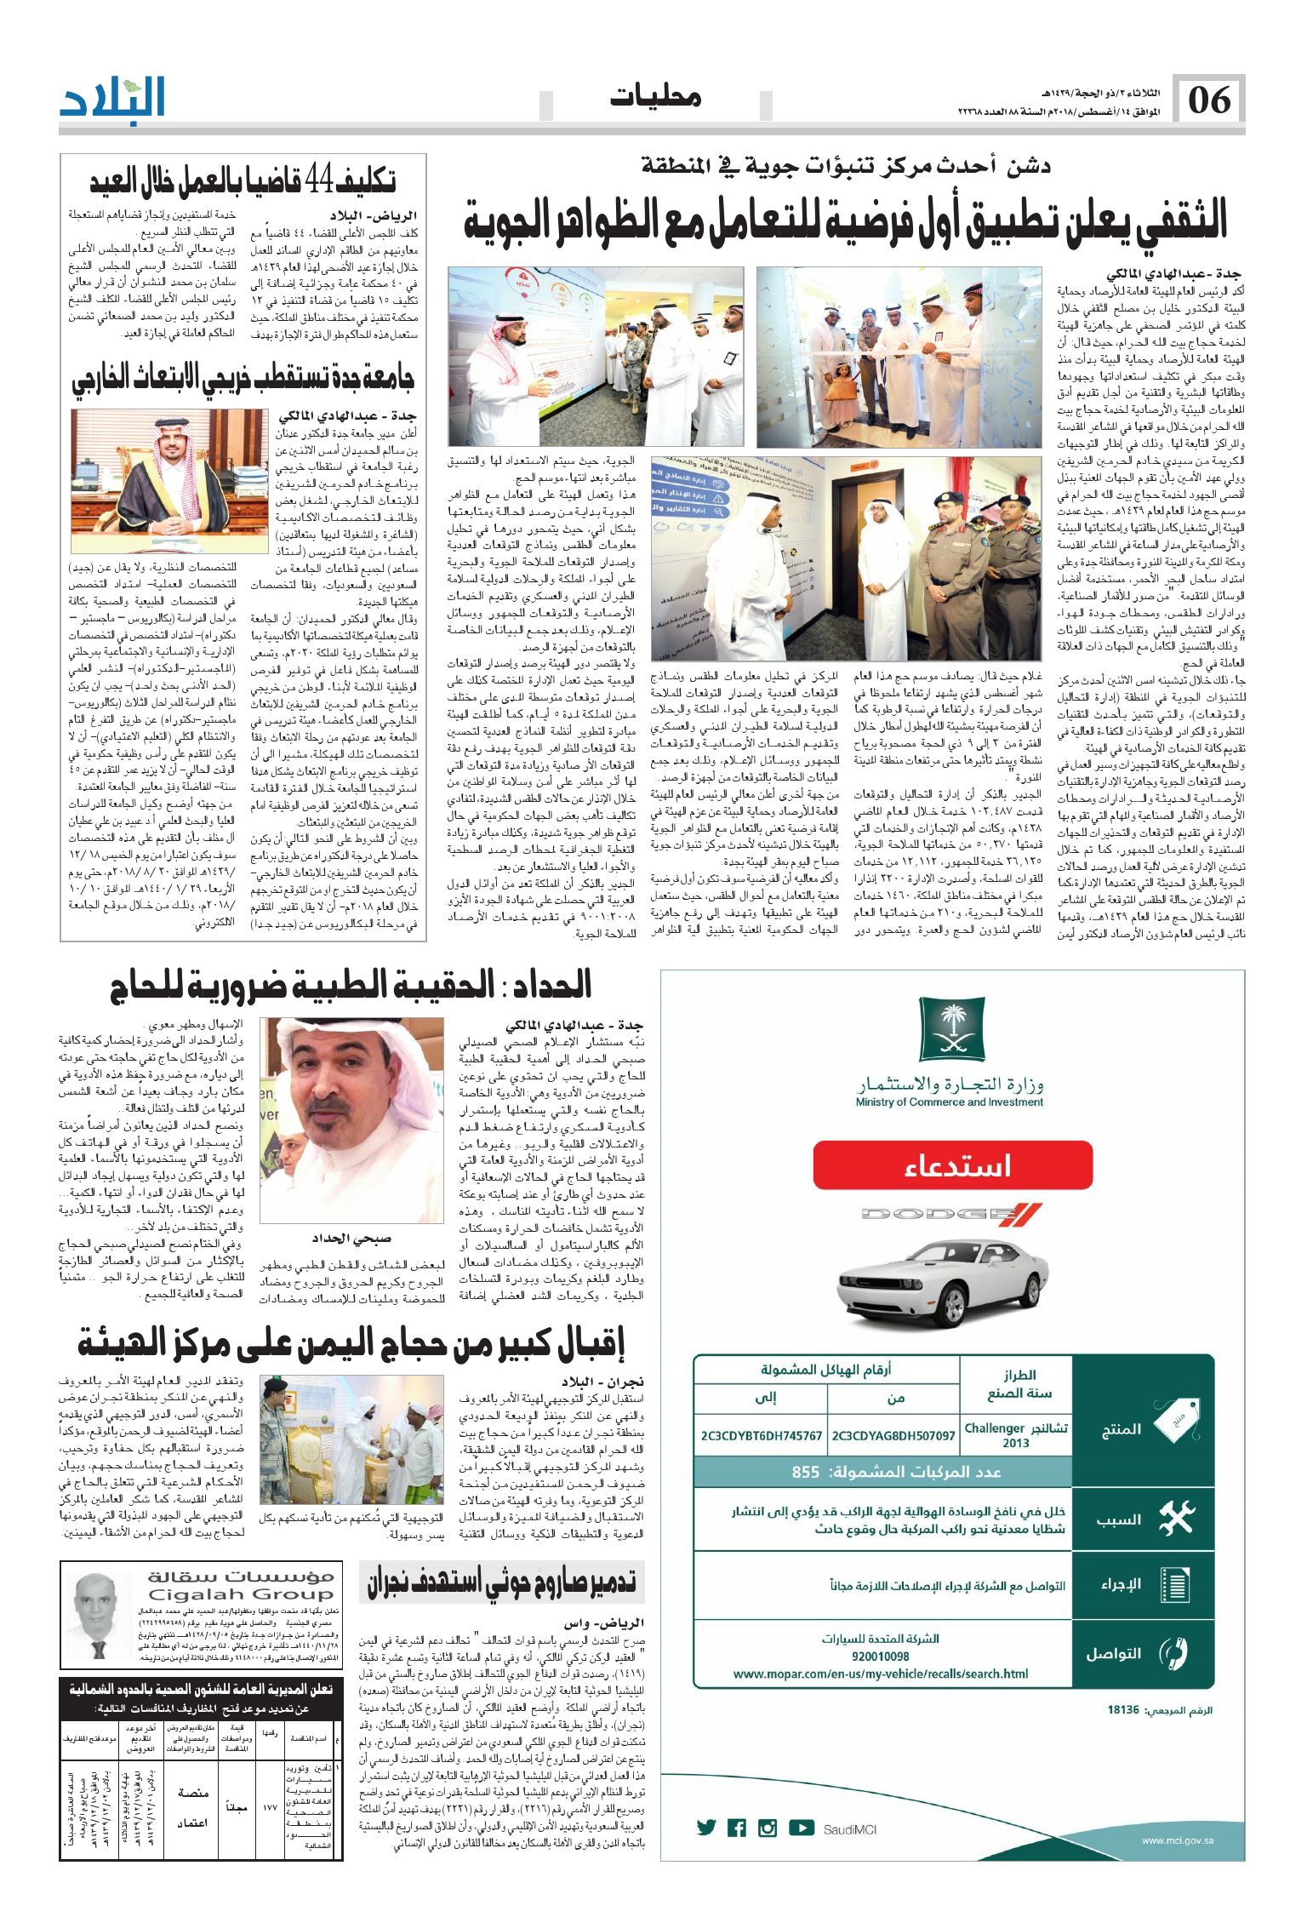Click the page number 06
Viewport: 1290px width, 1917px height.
(1209, 100)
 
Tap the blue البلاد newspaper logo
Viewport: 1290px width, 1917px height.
(112, 96)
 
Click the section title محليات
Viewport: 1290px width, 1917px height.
(655, 97)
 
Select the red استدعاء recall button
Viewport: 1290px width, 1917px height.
(952, 1165)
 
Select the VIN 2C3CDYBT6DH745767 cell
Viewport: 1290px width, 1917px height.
(761, 1435)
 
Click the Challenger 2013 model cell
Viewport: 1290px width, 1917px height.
(1016, 1435)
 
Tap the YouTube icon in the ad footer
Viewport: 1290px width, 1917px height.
(801, 1828)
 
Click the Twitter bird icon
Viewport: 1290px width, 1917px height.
(706, 1828)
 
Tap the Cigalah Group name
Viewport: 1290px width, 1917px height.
(241, 1594)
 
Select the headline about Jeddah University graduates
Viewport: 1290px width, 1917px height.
(243, 381)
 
